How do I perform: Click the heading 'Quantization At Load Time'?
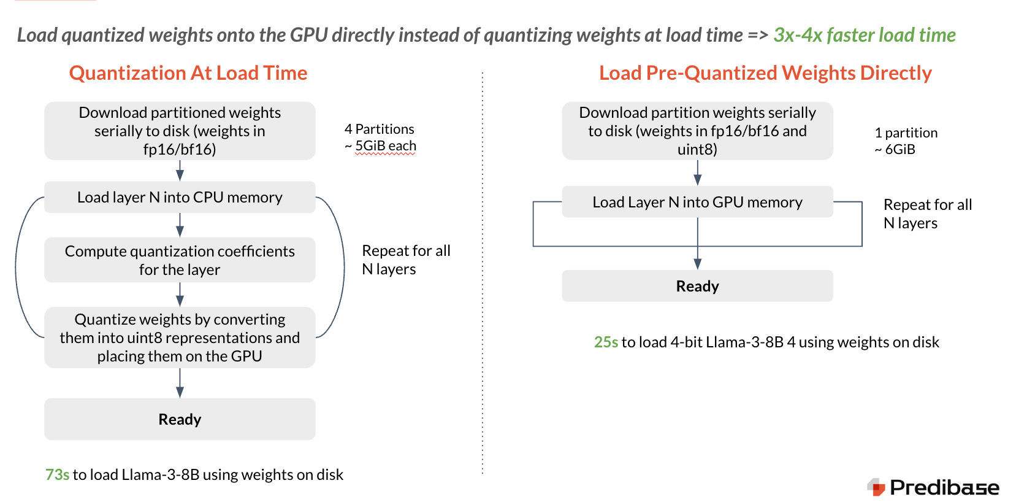click(188, 73)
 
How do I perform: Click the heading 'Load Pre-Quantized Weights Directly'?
click(765, 73)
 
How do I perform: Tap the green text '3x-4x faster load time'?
click(864, 35)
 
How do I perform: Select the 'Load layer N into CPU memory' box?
click(180, 197)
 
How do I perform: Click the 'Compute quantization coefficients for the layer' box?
click(180, 260)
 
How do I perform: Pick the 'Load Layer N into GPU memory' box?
click(697, 202)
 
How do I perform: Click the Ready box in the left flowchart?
click(180, 419)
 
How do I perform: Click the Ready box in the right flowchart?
click(697, 286)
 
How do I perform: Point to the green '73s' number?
click(57, 474)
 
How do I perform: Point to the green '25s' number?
click(606, 342)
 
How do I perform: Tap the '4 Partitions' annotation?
click(379, 129)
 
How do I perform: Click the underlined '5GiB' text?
click(370, 146)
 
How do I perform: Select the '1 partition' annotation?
click(906, 133)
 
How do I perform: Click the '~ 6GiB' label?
click(895, 149)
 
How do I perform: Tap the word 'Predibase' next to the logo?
click(944, 487)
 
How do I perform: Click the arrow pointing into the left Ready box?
click(180, 384)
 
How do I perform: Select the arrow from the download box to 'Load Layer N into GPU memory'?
click(697, 172)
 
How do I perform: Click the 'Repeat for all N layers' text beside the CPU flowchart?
click(405, 260)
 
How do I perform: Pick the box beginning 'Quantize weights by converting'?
click(180, 338)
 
